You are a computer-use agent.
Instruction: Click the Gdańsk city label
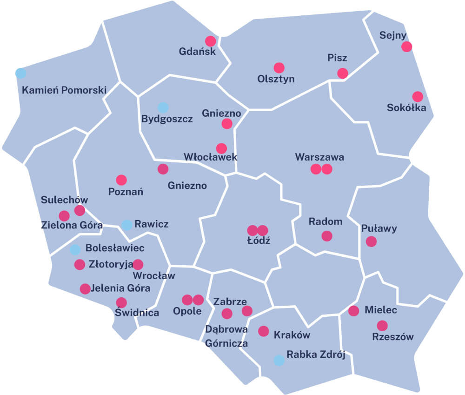click(x=197, y=51)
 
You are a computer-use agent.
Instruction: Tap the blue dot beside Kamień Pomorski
click(x=20, y=73)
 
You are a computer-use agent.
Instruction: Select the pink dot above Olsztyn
click(x=279, y=68)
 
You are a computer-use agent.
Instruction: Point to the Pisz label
click(x=337, y=58)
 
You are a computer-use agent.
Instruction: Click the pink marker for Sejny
click(x=407, y=47)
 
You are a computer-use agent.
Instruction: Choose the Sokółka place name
click(x=406, y=108)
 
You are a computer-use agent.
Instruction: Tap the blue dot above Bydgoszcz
click(x=163, y=107)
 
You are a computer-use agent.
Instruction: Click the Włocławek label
click(x=211, y=157)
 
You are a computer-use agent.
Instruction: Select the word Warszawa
click(x=319, y=157)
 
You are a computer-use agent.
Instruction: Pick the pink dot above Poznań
click(x=121, y=180)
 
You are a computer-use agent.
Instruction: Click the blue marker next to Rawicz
click(x=126, y=225)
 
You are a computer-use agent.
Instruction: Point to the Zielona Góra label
click(x=71, y=226)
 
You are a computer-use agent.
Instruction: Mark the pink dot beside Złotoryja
click(x=80, y=264)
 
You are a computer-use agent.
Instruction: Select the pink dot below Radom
click(x=327, y=236)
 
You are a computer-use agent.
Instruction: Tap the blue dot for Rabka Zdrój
click(x=279, y=360)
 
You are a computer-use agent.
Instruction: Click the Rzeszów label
click(x=393, y=337)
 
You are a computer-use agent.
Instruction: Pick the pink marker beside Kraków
click(x=264, y=331)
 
